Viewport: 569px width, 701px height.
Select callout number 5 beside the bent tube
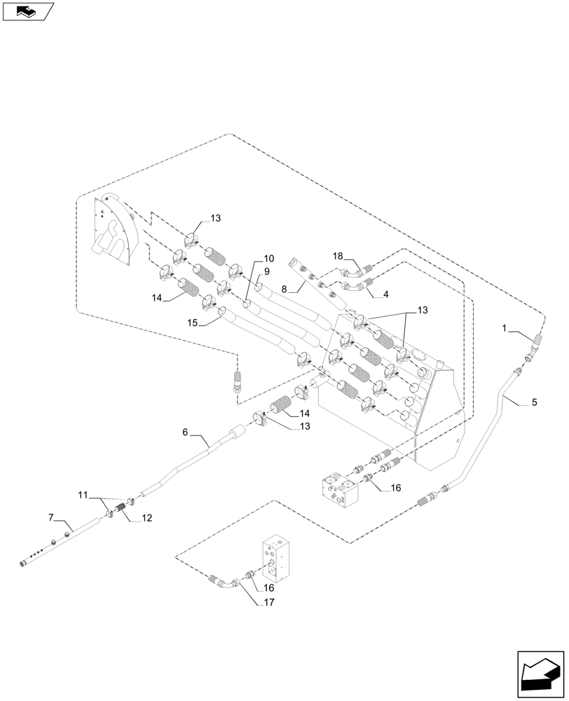click(x=534, y=402)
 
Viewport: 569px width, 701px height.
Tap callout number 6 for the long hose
click(x=186, y=433)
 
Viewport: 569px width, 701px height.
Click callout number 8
click(x=284, y=288)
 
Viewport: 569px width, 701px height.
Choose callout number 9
click(x=267, y=271)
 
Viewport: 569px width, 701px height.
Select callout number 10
click(x=269, y=259)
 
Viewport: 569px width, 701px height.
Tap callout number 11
click(x=83, y=495)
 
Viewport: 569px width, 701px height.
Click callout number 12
click(x=146, y=518)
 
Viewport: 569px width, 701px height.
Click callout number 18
click(x=338, y=257)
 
